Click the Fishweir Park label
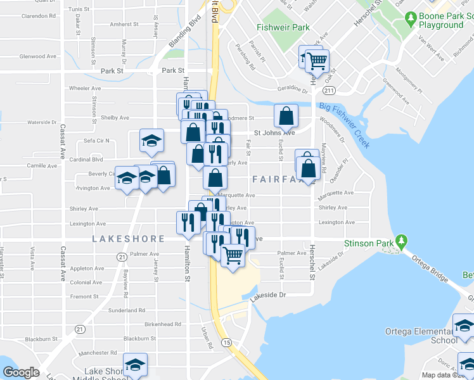coord(283,27)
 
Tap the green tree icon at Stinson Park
coord(400,241)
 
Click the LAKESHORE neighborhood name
coord(129,239)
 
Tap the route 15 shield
coord(226,343)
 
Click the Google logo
coord(21,372)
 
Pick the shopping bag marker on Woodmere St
coord(286,116)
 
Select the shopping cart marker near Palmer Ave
coord(233,256)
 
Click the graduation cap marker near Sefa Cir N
coord(151,141)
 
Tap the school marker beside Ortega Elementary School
coord(464,327)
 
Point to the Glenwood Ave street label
coord(38,56)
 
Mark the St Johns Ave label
coord(274,133)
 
